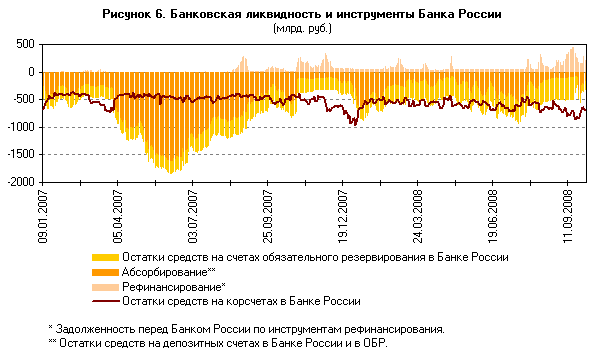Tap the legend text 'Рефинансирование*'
click(x=172, y=286)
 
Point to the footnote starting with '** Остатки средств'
click(x=216, y=343)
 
